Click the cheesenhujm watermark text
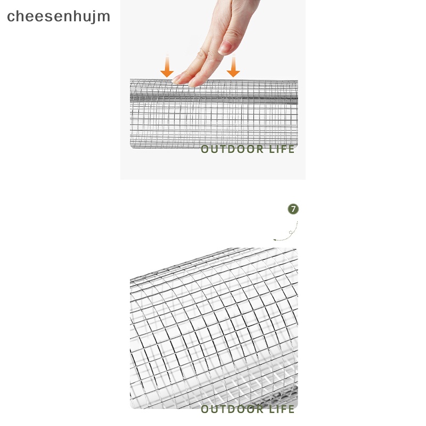coord(59,17)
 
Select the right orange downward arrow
coord(233,67)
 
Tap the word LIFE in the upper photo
coord(282,149)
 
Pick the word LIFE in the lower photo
coord(282,409)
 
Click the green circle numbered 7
coord(293,209)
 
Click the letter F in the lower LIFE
coord(284,409)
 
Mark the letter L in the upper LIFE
coord(271,149)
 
